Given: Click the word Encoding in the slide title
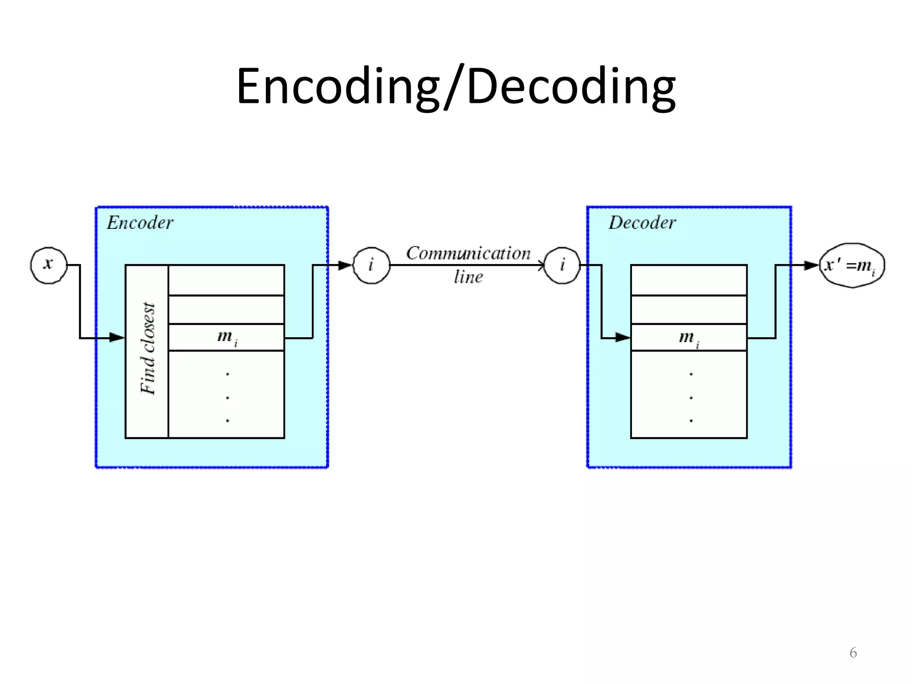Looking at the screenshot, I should (x=338, y=87).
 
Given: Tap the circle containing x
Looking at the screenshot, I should (x=49, y=265).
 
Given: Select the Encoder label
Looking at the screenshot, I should (x=140, y=223).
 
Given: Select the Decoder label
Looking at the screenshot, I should (x=642, y=223).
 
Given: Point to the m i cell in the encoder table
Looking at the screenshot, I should (x=227, y=337).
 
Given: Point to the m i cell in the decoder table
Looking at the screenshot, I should (x=688, y=338).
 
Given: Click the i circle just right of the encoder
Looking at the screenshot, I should (x=371, y=265).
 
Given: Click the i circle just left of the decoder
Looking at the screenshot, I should (x=562, y=265).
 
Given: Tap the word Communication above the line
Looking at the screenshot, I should (x=468, y=253).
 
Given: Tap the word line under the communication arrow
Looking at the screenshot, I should (x=468, y=277).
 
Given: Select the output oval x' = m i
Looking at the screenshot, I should (x=851, y=265).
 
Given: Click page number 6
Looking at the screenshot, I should (x=853, y=653).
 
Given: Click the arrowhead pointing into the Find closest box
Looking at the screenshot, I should (x=117, y=338).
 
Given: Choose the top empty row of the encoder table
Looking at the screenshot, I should (x=227, y=280).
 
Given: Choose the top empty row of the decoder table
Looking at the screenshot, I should (x=688, y=280).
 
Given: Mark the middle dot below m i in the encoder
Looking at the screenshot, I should (x=228, y=397).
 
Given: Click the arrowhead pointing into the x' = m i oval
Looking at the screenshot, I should (x=811, y=265).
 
